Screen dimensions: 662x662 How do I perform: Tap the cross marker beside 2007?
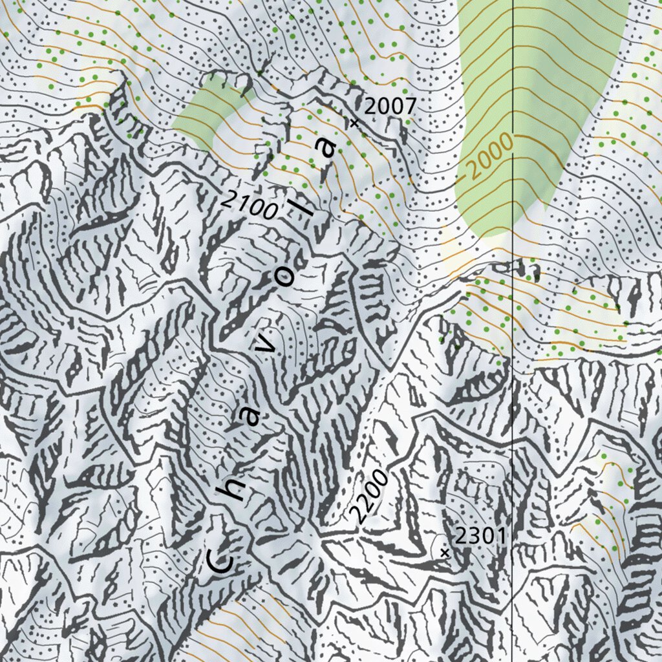tap(354, 122)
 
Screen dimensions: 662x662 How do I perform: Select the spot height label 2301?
tap(480, 535)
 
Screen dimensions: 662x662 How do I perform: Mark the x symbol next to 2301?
tap(444, 553)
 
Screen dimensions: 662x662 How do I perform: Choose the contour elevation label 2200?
tap(369, 495)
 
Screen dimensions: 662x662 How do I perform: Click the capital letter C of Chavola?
tap(220, 561)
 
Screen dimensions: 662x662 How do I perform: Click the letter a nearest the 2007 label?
tap(328, 147)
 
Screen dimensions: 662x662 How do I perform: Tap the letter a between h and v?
tap(251, 418)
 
